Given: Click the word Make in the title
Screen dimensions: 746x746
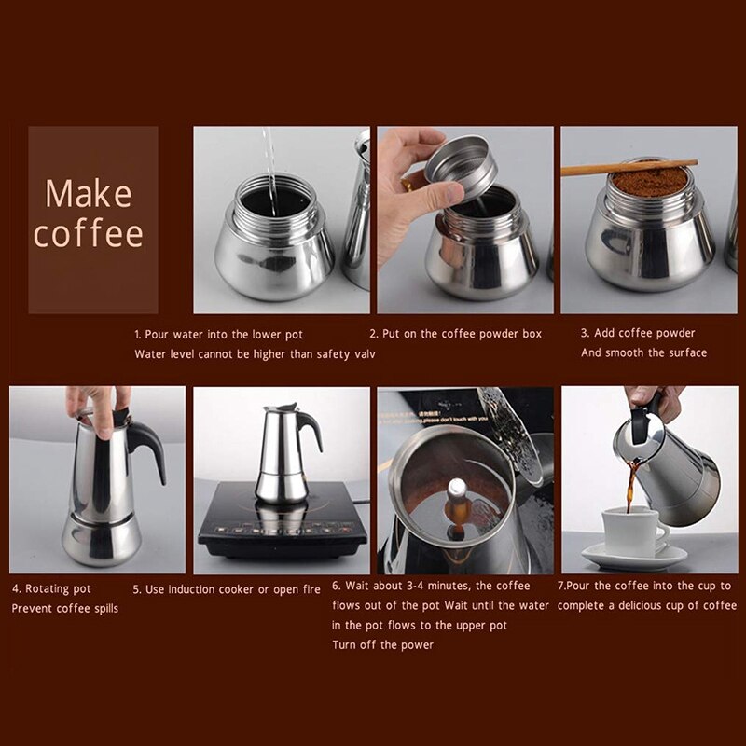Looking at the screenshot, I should (x=90, y=194).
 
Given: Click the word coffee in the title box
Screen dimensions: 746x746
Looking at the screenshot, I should (x=90, y=233).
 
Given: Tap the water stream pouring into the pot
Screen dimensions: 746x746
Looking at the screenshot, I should (x=269, y=159).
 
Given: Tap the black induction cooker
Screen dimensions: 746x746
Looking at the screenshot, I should (x=280, y=532).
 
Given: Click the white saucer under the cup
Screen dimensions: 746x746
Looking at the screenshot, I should (x=634, y=557).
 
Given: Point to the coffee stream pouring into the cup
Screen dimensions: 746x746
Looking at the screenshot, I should (x=631, y=485).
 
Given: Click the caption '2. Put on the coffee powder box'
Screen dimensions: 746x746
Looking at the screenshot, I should (x=455, y=334).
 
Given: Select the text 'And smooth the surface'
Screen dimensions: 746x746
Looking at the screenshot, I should (x=643, y=352).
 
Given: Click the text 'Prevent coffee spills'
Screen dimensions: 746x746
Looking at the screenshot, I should (x=65, y=608).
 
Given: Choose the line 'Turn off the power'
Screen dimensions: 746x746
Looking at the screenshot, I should (x=382, y=644).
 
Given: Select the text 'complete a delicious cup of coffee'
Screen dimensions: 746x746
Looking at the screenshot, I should (x=647, y=606).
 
